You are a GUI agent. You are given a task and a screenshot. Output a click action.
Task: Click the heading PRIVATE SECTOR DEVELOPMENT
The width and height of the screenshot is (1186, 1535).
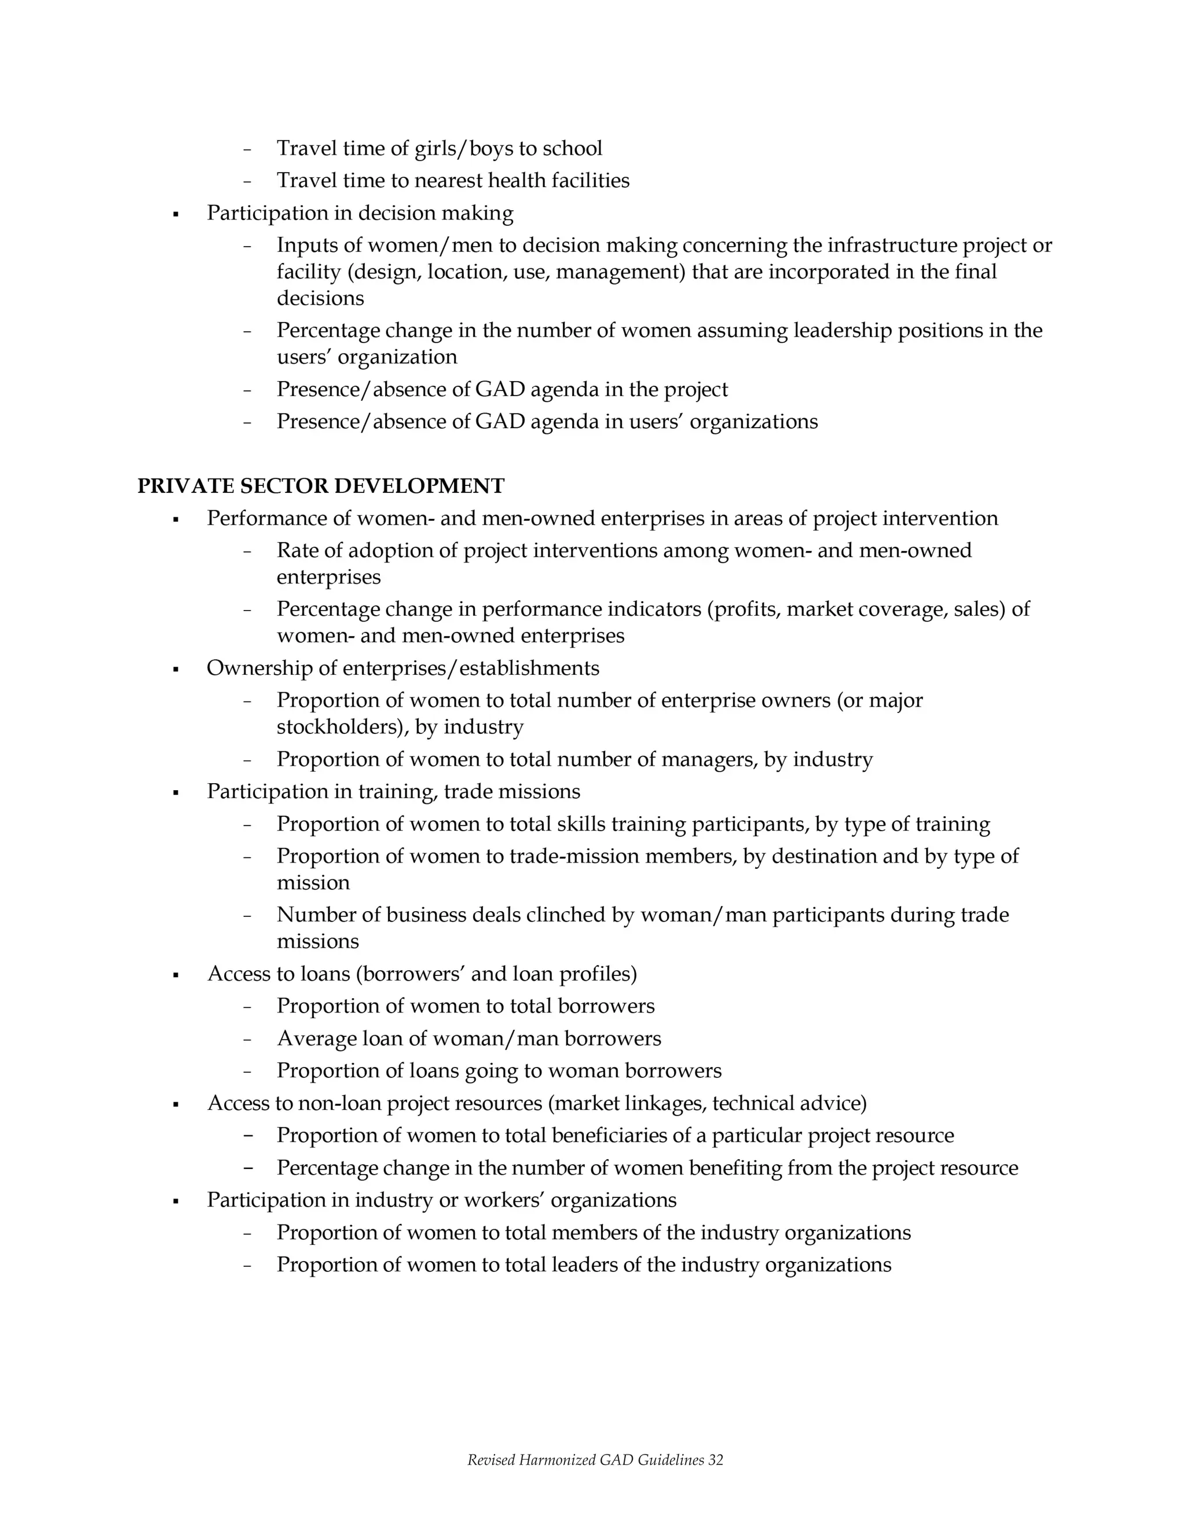(x=320, y=485)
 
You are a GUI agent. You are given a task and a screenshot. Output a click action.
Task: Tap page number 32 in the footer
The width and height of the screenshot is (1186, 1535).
(x=715, y=1460)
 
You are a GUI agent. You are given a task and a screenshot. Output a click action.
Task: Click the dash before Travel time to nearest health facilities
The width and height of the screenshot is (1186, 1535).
(x=247, y=181)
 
